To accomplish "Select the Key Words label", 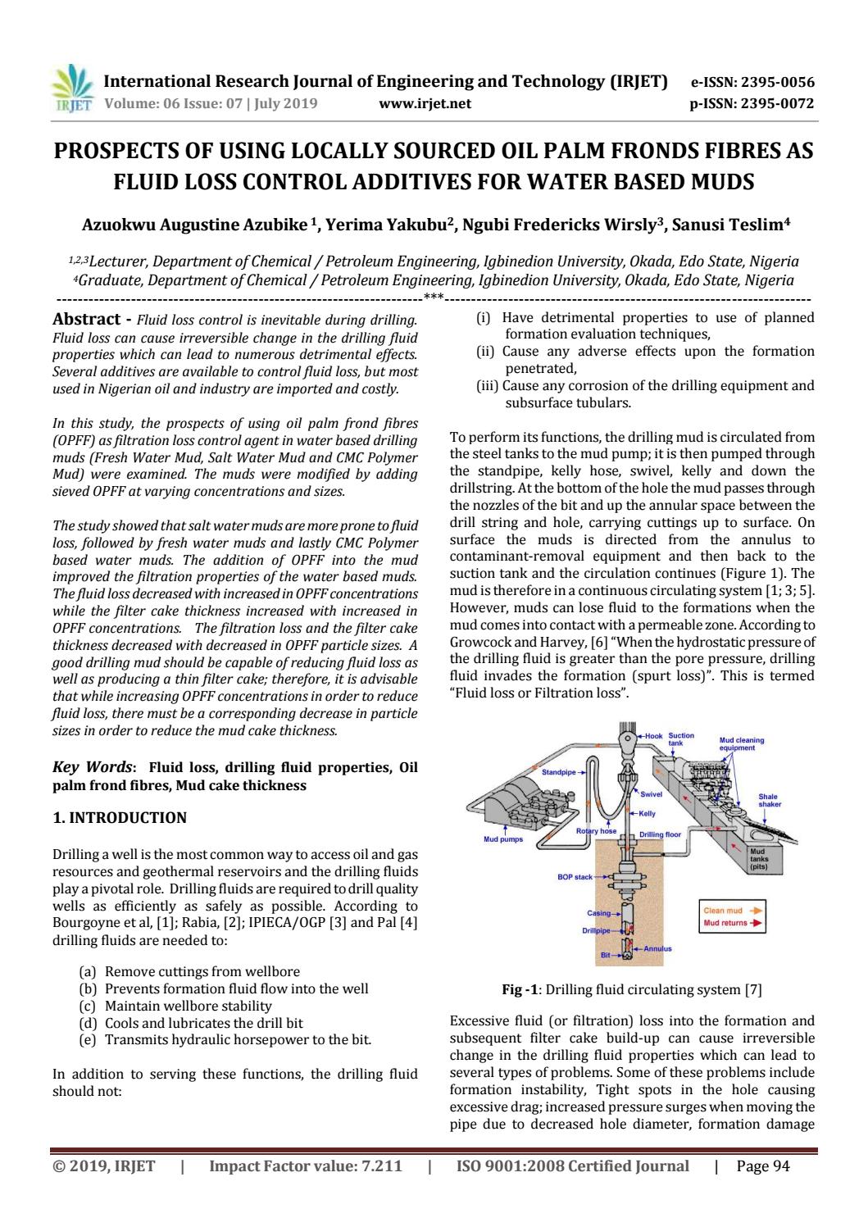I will click(x=94, y=767).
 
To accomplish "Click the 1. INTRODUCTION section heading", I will click(x=120, y=817).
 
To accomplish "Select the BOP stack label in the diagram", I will click(x=575, y=877).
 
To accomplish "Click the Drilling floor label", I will click(x=660, y=834).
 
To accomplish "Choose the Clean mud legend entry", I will click(x=728, y=911).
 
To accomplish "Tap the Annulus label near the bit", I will click(x=657, y=948).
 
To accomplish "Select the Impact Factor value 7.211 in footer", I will click(x=306, y=1166).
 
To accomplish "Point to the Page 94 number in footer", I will click(x=763, y=1166).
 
